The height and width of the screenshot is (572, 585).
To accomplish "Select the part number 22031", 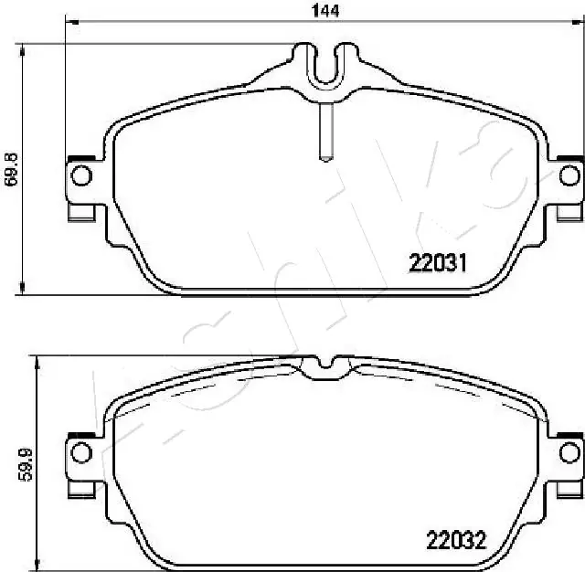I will [x=438, y=263].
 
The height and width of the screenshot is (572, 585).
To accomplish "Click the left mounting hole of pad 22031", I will [x=80, y=175].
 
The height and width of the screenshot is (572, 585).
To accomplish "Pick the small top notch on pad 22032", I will [x=325, y=368].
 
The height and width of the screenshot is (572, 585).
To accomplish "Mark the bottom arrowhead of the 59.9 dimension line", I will [x=37, y=559].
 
